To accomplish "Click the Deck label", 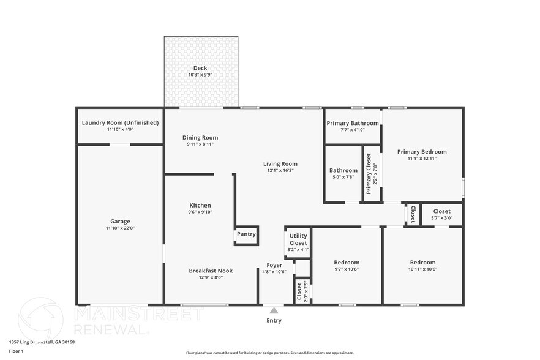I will click(200, 68).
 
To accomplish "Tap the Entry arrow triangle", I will click(274, 310).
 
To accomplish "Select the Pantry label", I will click(246, 234).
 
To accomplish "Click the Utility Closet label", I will click(298, 239).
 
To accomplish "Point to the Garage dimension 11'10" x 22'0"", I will click(120, 228).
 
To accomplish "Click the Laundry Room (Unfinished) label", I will click(120, 122).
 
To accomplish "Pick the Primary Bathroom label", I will click(352, 123).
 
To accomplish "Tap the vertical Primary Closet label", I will click(369, 174).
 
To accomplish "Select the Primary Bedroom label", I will click(422, 152).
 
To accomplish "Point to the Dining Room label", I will click(200, 138).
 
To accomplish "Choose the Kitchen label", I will click(200, 206).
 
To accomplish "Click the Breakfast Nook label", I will click(211, 271).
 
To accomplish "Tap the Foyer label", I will click(274, 265).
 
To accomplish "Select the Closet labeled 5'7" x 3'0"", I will click(441, 211).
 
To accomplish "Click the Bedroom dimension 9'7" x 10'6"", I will click(347, 269).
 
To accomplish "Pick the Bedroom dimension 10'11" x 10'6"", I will click(422, 269).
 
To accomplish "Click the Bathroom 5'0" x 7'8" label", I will click(343, 170).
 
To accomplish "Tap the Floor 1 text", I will click(16, 351).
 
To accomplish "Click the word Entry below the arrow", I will click(274, 320).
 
